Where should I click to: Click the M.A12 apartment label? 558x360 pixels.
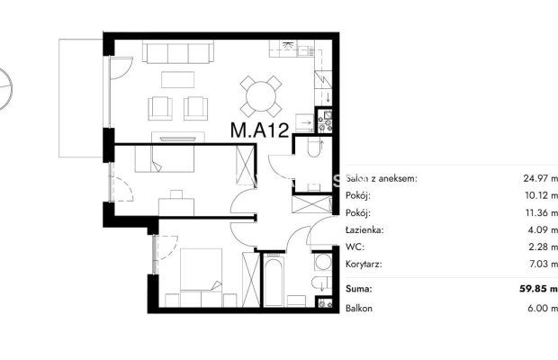point(259,130)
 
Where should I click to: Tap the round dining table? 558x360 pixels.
point(261,96)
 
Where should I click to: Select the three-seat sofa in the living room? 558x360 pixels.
point(178,52)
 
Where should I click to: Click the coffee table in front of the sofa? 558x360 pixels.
point(177,80)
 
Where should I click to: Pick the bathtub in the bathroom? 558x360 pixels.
point(274,282)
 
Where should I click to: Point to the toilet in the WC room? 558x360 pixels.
point(314,148)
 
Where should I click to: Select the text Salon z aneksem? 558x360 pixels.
point(381,178)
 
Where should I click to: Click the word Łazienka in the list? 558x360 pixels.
point(364,229)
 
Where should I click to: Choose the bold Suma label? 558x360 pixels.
point(359,289)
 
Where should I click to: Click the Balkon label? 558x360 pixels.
point(359,308)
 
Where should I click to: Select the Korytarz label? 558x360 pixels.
point(364,265)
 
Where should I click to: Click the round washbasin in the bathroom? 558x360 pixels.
point(323,262)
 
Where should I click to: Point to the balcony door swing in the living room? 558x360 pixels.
point(121,68)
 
